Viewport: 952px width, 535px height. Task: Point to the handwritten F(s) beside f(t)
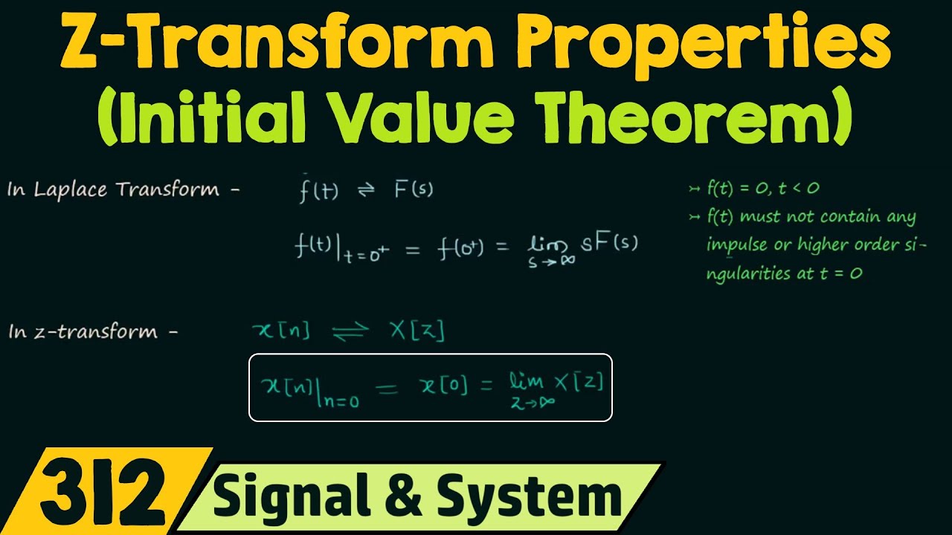(x=414, y=190)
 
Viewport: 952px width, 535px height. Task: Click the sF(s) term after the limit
(x=609, y=243)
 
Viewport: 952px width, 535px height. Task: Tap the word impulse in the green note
(x=736, y=245)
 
